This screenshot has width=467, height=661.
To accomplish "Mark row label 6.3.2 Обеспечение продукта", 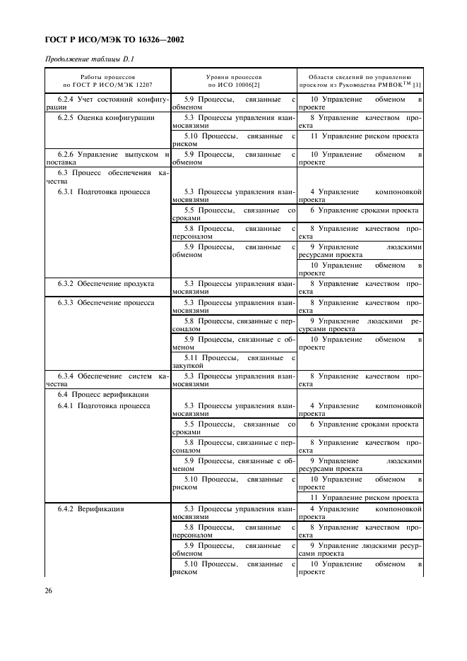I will point(106,283).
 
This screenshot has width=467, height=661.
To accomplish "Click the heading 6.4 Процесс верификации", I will point(103,394).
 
